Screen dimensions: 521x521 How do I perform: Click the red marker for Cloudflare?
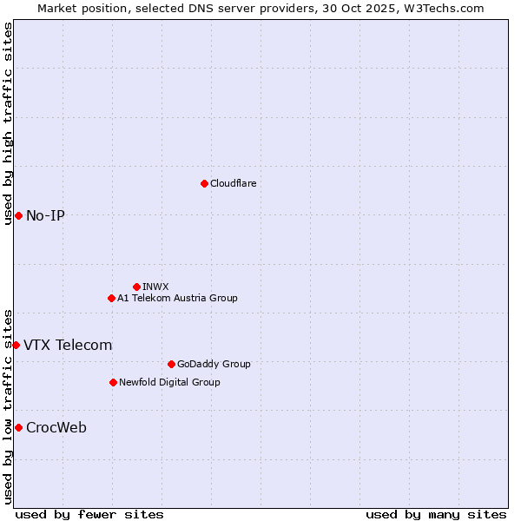[x=204, y=183]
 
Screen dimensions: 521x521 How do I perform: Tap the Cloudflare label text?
[x=233, y=183]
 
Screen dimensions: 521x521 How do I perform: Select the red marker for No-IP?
[x=18, y=215]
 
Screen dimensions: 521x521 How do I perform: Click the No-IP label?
[x=45, y=215]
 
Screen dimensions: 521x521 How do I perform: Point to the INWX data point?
[x=136, y=287]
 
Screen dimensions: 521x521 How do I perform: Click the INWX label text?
[x=155, y=287]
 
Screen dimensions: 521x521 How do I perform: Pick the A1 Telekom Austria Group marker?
[x=111, y=298]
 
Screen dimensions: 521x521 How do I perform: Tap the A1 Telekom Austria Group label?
[x=177, y=298]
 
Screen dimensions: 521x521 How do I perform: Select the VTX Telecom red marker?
[x=16, y=345]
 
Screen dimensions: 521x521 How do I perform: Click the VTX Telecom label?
[x=68, y=345]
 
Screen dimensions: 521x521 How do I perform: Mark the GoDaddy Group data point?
[x=171, y=364]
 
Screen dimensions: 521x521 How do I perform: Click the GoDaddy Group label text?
[x=213, y=364]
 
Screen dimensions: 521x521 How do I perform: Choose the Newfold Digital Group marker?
[x=113, y=382]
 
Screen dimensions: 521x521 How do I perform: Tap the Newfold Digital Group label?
[x=169, y=382]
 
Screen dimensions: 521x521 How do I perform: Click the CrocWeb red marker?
[x=18, y=427]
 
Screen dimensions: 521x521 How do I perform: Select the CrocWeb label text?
[x=56, y=427]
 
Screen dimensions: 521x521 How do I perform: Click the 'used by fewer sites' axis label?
[x=89, y=514]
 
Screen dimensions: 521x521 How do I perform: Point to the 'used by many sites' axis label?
[x=436, y=514]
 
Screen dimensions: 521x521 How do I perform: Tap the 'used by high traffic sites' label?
[x=8, y=123]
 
